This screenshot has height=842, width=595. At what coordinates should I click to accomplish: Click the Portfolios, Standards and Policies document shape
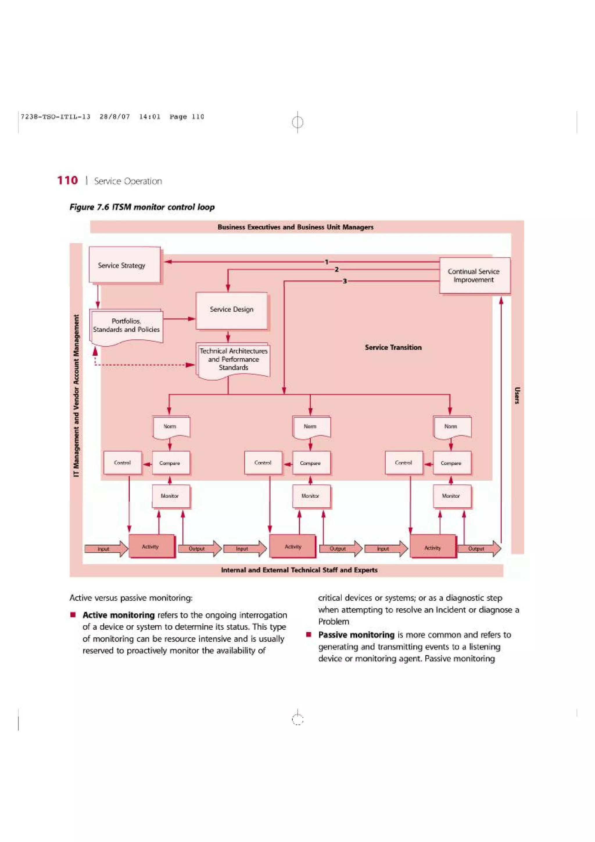pyautogui.click(x=126, y=326)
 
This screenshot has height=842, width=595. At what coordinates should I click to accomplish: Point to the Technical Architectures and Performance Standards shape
pyautogui.click(x=234, y=359)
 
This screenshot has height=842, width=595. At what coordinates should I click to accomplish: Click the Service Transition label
pyautogui.click(x=393, y=347)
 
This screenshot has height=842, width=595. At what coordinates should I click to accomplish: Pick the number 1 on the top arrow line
pyautogui.click(x=326, y=262)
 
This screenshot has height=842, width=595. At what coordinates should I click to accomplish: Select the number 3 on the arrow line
pyautogui.click(x=345, y=281)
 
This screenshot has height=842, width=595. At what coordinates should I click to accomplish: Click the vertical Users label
pyautogui.click(x=517, y=395)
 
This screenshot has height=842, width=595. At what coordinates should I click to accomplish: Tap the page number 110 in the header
pyautogui.click(x=67, y=180)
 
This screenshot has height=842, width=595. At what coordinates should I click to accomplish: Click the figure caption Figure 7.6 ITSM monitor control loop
pyautogui.click(x=142, y=207)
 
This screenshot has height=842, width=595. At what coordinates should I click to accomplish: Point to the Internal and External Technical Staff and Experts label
pyautogui.click(x=299, y=570)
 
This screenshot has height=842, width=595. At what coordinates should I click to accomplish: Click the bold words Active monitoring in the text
pyautogui.click(x=119, y=615)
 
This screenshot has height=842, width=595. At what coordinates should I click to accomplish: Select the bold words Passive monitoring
pyautogui.click(x=356, y=635)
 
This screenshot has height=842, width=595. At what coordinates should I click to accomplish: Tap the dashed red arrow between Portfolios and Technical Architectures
pyautogui.click(x=143, y=365)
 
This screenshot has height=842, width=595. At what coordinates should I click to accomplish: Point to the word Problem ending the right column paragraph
pyautogui.click(x=334, y=621)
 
